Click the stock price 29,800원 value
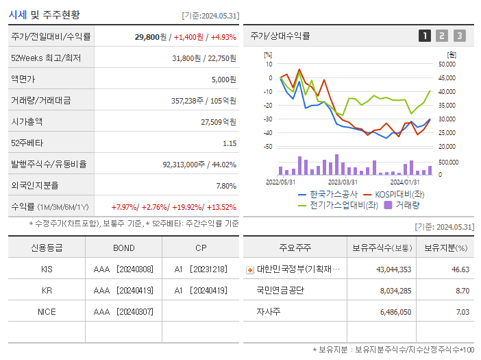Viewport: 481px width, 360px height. pos(150,36)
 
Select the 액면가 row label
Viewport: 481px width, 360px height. pos(25,80)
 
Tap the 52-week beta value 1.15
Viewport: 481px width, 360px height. pos(229,143)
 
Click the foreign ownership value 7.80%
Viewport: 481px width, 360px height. pos(225,186)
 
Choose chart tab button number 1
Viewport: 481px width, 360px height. pos(425,36)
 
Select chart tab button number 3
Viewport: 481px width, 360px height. pos(459,36)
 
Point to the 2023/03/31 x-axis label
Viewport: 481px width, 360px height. pos(343,182)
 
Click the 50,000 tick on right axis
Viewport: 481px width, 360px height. pos(446,64)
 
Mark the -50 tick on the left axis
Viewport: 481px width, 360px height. pos(268,147)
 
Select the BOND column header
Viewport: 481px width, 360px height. pos(123,248)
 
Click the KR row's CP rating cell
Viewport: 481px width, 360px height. pos(200,291)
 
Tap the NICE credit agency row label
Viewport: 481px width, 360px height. pos(47,312)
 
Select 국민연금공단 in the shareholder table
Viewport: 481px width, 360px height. pos(281,291)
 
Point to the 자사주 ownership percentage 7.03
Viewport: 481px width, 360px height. pos(462,312)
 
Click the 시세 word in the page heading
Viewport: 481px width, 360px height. pos(18,14)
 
